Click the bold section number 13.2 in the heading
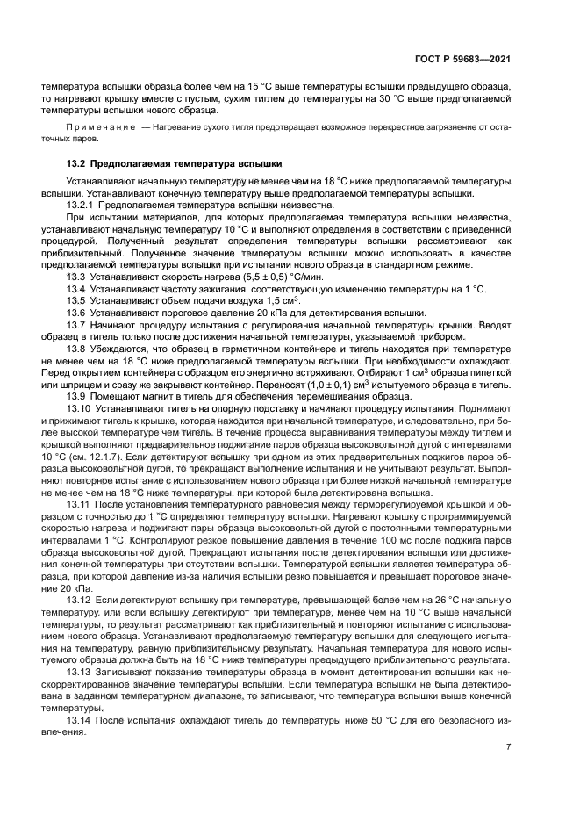click(x=78, y=163)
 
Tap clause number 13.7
click(x=77, y=326)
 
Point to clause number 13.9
click(x=77, y=397)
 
